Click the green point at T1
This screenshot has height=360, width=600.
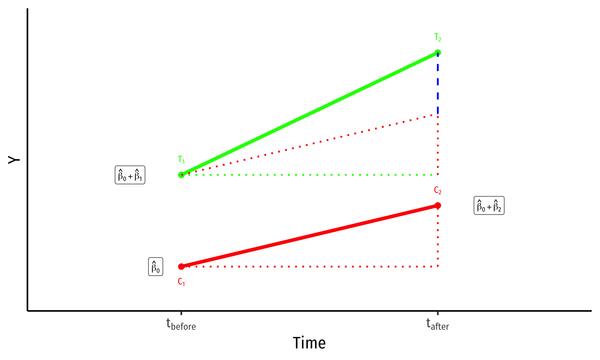point(181,175)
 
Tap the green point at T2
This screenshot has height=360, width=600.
point(438,52)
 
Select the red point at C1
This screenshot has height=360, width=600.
point(181,267)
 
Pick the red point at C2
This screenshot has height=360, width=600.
point(438,205)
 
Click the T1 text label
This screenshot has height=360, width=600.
point(181,160)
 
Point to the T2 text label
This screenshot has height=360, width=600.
point(438,37)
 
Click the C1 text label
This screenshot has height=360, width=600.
point(181,282)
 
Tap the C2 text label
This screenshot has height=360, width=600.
point(438,190)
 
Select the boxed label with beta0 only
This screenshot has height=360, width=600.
point(156,267)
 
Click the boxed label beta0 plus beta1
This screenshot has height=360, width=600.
point(130,175)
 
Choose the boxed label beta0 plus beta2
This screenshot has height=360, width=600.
point(489,206)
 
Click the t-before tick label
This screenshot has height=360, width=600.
point(181,324)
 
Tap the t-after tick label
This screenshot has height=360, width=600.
point(437,324)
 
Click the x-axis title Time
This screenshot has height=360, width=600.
point(309,343)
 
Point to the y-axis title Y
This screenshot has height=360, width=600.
point(14,160)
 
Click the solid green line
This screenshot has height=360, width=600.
point(309,114)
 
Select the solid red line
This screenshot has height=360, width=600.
point(309,236)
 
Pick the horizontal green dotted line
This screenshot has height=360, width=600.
point(309,175)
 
